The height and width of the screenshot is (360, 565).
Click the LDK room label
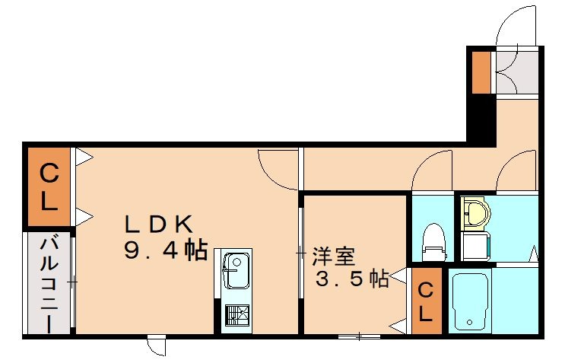tap(160, 223)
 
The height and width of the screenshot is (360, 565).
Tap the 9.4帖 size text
tap(166, 250)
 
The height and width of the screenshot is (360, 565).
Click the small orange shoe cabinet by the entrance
tap(480, 73)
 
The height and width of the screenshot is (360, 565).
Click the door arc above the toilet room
tap(431, 171)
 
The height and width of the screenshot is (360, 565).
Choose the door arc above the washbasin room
tap(518, 172)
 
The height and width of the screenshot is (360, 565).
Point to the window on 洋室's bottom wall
tap(360, 336)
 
